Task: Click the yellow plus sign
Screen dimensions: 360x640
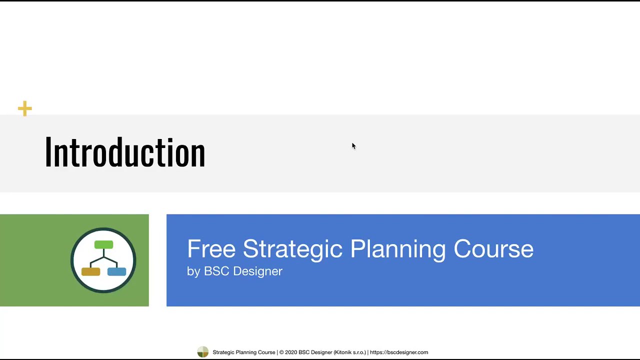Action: [24, 108]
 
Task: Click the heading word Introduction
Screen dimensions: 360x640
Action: [125, 152]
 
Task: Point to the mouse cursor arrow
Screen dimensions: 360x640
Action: [353, 145]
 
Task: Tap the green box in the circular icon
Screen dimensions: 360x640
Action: [103, 245]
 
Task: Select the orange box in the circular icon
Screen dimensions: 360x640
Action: [90, 271]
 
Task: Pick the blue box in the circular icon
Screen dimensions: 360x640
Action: [116, 271]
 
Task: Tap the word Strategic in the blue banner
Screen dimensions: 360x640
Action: [292, 249]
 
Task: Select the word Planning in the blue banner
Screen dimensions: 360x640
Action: [397, 249]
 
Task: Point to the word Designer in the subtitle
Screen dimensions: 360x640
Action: [257, 271]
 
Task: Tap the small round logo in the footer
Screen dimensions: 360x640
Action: [202, 352]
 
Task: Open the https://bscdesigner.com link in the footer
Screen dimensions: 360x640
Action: [399, 352]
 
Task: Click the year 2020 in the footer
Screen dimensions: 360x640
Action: [291, 352]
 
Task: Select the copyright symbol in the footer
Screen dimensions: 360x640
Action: [281, 352]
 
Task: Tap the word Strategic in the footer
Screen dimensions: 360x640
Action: [223, 352]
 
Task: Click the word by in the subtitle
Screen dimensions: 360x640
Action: [193, 271]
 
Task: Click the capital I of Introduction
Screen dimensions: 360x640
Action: [48, 152]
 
